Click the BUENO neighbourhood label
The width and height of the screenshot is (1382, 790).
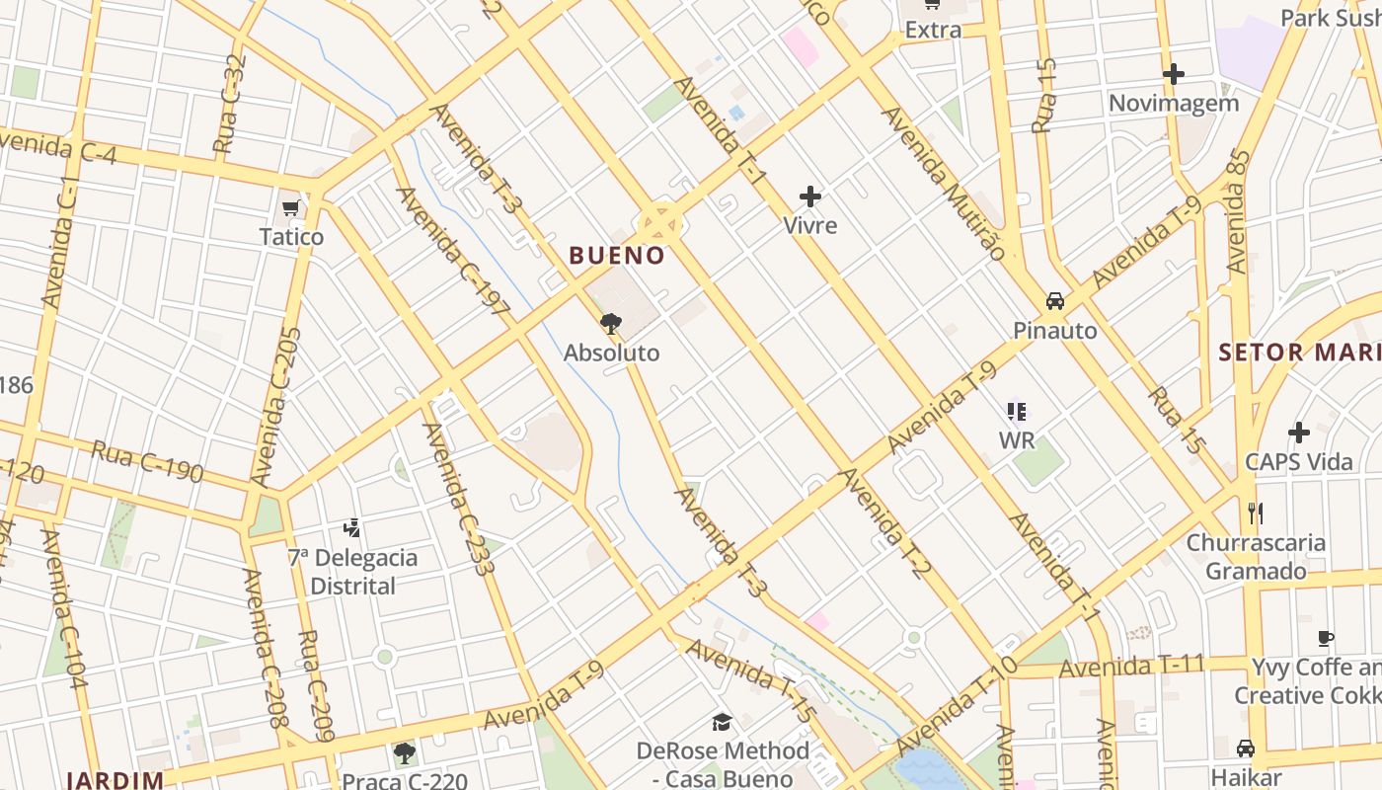617,256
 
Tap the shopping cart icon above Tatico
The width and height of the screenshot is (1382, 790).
290,207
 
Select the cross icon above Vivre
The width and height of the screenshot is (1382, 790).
810,197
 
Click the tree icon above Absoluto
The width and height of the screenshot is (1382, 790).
611,323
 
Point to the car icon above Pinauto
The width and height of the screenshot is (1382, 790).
1055,301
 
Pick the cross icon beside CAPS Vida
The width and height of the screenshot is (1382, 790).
1299,433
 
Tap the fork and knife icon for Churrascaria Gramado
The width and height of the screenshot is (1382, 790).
1256,513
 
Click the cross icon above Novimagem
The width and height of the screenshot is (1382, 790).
1174,74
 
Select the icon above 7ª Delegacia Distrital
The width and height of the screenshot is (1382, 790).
352,528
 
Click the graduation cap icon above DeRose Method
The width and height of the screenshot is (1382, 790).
723,722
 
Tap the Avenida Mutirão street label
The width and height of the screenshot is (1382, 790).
943,184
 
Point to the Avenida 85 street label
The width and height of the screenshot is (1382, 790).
1238,211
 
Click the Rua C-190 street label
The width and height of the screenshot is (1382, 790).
147,461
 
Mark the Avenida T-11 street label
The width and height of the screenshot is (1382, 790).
1131,667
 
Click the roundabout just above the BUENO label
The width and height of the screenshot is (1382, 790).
659,223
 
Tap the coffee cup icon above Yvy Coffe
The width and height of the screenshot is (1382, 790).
1326,639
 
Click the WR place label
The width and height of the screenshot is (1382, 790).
1017,439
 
